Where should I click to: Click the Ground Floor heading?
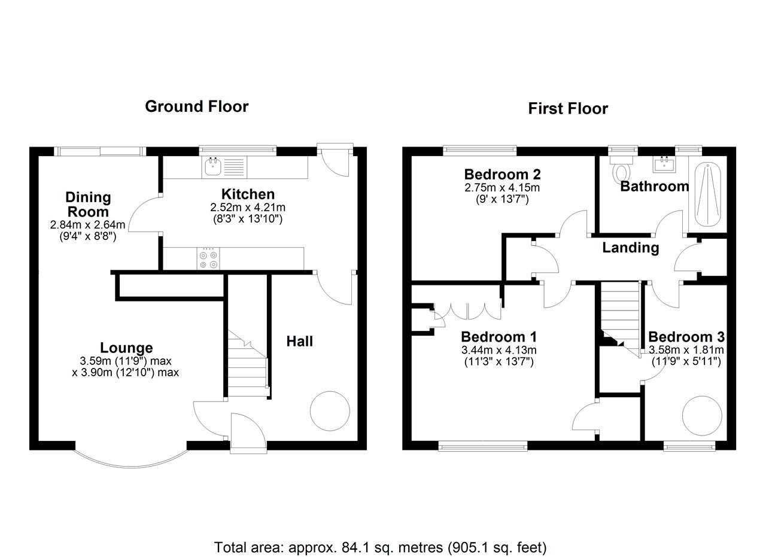pyautogui.click(x=197, y=106)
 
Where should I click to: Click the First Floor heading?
pyautogui.click(x=568, y=108)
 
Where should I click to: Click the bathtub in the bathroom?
pyautogui.click(x=707, y=194)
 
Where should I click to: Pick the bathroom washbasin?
pyautogui.click(x=664, y=164)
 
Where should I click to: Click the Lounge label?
pyautogui.click(x=126, y=348)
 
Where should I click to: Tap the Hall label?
pyautogui.click(x=300, y=341)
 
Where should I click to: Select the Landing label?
pyautogui.click(x=631, y=248)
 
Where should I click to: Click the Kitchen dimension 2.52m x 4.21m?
pyautogui.click(x=248, y=207)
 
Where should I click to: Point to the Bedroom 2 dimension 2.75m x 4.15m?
pyautogui.click(x=502, y=187)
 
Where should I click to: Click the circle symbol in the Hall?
pyautogui.click(x=330, y=411)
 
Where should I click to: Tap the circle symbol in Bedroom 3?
pyautogui.click(x=702, y=416)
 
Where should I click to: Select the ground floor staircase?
pyautogui.click(x=248, y=363)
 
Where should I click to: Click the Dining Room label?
pyautogui.click(x=88, y=205)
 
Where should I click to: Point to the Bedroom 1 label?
pyautogui.click(x=498, y=337)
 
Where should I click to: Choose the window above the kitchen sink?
pyautogui.click(x=238, y=149)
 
